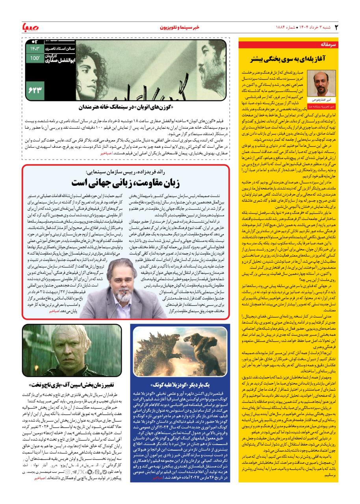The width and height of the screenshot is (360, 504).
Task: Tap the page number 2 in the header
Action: (336, 27)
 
